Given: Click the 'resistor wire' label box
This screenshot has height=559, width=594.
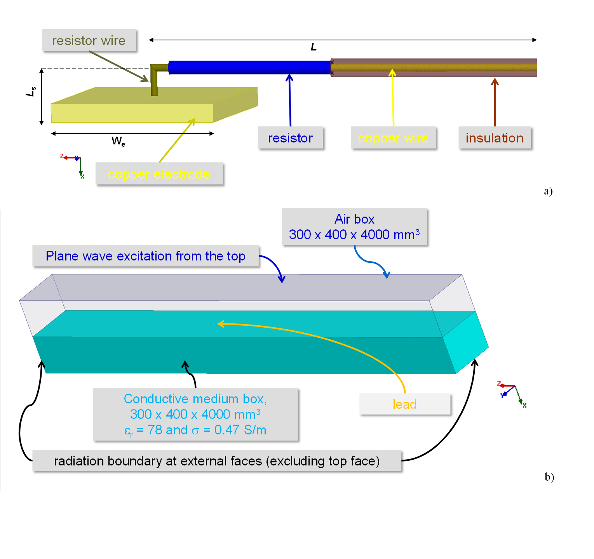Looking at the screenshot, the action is [x=89, y=40].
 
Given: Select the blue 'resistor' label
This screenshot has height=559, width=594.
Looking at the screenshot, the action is [x=290, y=138].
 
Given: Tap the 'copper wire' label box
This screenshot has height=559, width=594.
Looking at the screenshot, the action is [x=393, y=138].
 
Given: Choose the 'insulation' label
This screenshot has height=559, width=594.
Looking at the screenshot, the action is [x=495, y=138].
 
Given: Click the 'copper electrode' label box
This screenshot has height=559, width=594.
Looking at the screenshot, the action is [x=159, y=174].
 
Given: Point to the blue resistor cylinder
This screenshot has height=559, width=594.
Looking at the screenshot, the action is [x=249, y=67].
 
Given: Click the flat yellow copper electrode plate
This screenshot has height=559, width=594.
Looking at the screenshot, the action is [x=132, y=113].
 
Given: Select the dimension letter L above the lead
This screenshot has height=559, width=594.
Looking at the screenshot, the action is [x=314, y=47].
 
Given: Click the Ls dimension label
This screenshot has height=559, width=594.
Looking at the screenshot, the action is [x=31, y=91].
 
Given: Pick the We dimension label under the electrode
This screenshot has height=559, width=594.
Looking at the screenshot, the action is [x=118, y=141].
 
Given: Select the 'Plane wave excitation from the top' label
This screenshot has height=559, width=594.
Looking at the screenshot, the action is [x=145, y=256].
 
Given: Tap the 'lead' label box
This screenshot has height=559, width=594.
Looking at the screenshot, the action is [x=404, y=404].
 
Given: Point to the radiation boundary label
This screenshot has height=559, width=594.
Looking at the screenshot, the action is [x=217, y=461].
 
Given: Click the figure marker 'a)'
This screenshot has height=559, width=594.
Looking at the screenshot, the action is [x=548, y=191].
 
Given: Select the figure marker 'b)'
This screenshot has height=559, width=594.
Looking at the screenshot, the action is [x=549, y=477].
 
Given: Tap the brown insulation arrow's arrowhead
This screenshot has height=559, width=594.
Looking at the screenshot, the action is [x=495, y=81].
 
